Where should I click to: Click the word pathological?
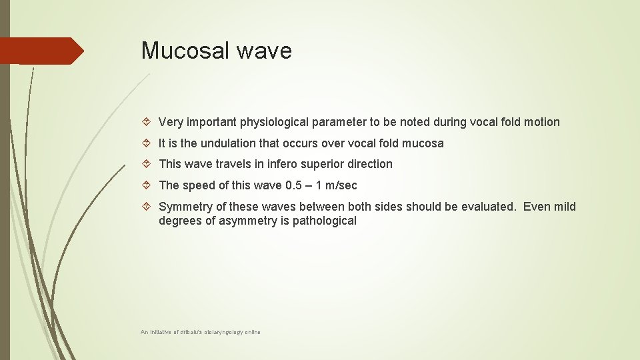coord(323,221)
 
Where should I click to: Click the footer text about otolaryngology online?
coord(201,331)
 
